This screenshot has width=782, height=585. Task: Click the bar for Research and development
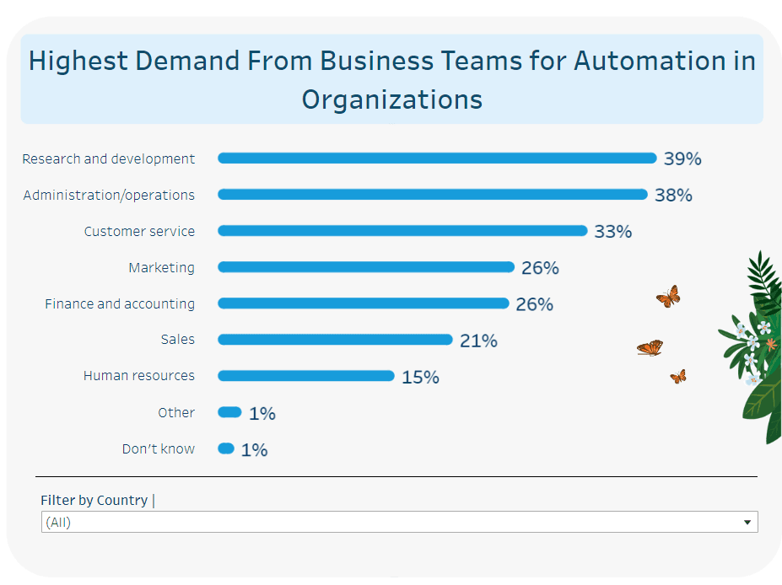(x=437, y=158)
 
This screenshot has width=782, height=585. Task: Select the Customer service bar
(x=402, y=231)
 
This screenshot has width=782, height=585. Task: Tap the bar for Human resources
(x=306, y=376)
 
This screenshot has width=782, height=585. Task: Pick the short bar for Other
(x=229, y=412)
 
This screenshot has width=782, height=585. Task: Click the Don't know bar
(x=226, y=448)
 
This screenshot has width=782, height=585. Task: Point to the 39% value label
(x=682, y=158)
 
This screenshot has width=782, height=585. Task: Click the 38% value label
(x=673, y=195)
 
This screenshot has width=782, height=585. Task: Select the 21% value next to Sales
(x=478, y=341)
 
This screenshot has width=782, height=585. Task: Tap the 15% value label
(x=420, y=377)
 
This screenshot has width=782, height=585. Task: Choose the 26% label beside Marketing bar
(x=540, y=268)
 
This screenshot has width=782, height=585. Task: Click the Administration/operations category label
(x=109, y=195)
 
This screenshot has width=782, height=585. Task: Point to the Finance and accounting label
(x=120, y=303)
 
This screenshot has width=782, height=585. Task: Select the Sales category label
(x=178, y=340)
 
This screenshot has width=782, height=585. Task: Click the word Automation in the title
(x=637, y=61)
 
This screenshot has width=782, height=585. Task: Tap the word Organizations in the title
(x=392, y=99)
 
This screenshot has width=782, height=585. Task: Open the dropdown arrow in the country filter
(x=747, y=523)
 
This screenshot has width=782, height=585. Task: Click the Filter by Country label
(x=94, y=500)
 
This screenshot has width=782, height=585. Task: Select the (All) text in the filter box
(x=58, y=523)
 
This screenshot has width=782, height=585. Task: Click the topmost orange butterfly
(x=668, y=296)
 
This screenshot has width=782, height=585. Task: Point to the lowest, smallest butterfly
(x=678, y=377)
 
